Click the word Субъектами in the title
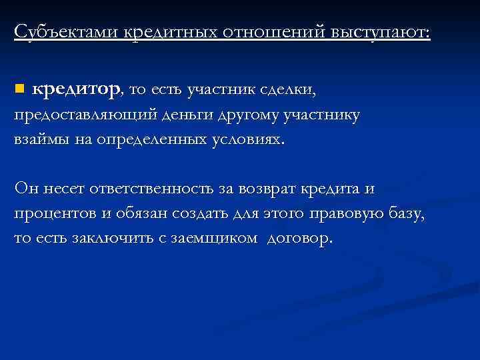coord(65,32)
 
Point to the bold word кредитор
coord(77,89)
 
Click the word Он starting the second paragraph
coord(27,189)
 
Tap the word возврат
coord(262,189)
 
